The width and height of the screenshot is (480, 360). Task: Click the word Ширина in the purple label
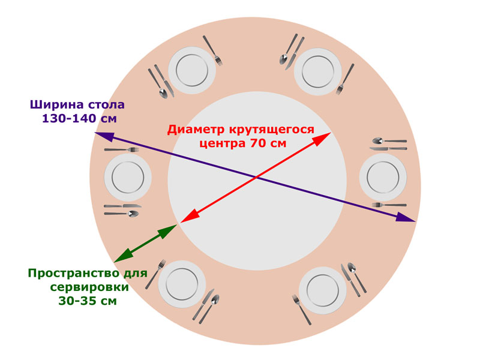click(x=57, y=105)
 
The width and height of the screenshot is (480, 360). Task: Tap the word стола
click(x=106, y=105)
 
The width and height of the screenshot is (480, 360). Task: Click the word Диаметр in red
click(x=196, y=130)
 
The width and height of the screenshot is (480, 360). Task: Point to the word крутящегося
click(x=271, y=130)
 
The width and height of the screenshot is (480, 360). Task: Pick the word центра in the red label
click(x=223, y=143)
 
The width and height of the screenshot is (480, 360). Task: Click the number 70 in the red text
click(x=258, y=143)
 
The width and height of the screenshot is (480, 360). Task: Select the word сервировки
click(x=89, y=287)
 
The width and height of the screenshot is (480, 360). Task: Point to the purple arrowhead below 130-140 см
click(x=104, y=137)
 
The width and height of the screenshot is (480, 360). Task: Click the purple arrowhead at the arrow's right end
click(x=406, y=217)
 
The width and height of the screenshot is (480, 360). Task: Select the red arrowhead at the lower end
click(x=190, y=215)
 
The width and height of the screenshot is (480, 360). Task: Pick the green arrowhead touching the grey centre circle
click(x=168, y=230)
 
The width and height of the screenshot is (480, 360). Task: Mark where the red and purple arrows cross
click(x=257, y=177)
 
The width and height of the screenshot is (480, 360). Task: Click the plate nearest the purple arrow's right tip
click(x=383, y=177)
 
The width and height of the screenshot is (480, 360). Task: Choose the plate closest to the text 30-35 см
click(x=182, y=284)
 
